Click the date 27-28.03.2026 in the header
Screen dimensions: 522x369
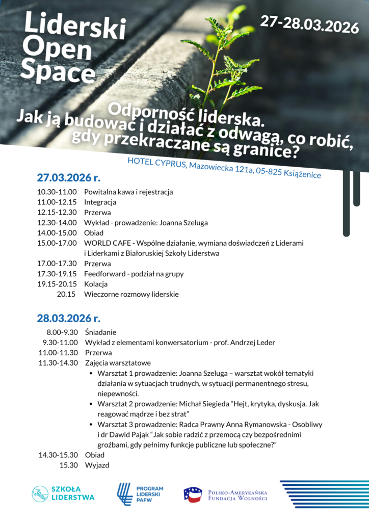pyautogui.click(x=309, y=24)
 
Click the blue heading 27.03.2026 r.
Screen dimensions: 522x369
pyautogui.click(x=68, y=178)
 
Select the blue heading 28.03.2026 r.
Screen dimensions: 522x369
pyautogui.click(x=68, y=319)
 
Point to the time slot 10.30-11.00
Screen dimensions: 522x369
pyautogui.click(x=57, y=192)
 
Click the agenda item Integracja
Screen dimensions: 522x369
pyautogui.click(x=100, y=202)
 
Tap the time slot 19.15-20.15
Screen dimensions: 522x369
pyautogui.click(x=57, y=284)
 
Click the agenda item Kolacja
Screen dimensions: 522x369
pyautogui.click(x=96, y=284)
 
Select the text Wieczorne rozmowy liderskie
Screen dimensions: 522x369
pyautogui.click(x=131, y=294)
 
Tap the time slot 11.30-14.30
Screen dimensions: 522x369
pyautogui.click(x=58, y=363)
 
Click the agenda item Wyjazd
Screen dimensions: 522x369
pyautogui.click(x=97, y=465)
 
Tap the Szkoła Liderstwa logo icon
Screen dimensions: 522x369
pyautogui.click(x=40, y=493)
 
